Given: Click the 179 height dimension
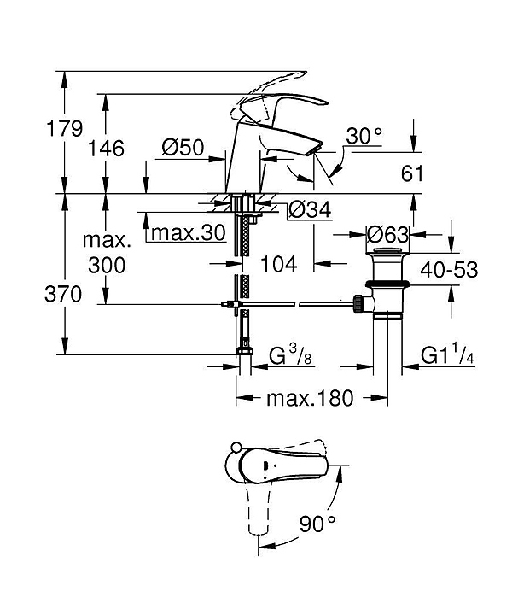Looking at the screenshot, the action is click(x=65, y=128).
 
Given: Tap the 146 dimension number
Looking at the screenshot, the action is click(x=106, y=149).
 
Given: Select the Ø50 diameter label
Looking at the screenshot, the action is click(x=183, y=148).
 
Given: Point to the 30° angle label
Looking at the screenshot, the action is click(x=364, y=136).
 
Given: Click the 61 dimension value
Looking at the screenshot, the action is click(x=412, y=173).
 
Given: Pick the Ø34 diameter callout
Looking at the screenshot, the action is click(x=310, y=209).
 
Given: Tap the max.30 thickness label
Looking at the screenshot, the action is click(x=188, y=232).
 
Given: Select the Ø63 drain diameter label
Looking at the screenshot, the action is click(x=387, y=235).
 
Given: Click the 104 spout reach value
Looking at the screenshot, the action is click(x=278, y=264).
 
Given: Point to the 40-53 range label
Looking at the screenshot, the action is click(x=449, y=270).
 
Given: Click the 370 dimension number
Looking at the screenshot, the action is click(x=63, y=294).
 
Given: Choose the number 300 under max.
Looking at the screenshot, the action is click(x=107, y=265).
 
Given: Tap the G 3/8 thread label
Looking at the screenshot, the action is click(x=290, y=355).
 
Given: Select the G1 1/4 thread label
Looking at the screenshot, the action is click(x=447, y=354).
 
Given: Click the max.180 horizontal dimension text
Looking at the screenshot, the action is click(x=310, y=398).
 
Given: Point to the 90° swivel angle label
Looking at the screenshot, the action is click(x=317, y=524).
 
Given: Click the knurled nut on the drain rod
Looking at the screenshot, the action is click(x=358, y=304).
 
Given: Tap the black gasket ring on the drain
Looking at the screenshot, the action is click(x=387, y=284).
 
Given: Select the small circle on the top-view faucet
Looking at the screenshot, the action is click(x=236, y=448).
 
